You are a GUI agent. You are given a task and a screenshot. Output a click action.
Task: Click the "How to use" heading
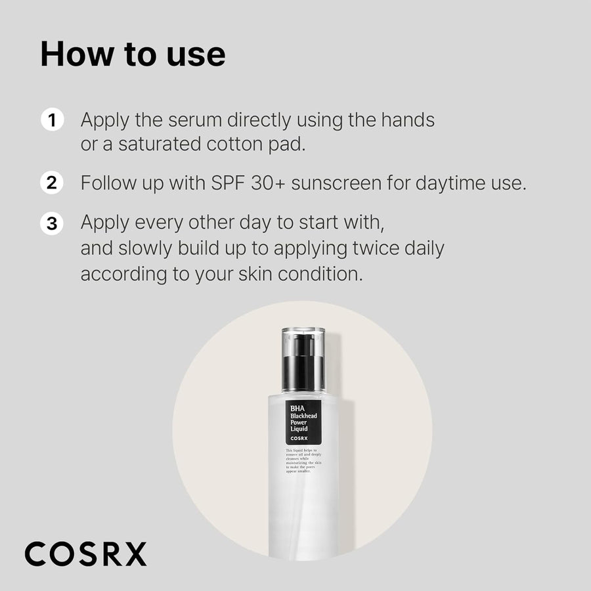pos(133,55)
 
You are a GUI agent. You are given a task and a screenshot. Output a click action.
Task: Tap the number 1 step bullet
pos(52,121)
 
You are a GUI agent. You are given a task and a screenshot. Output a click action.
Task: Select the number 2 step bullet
pos(52,183)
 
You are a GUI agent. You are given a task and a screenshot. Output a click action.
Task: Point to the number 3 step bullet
pos(52,223)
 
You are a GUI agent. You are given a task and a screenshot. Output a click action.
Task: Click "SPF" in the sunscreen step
pos(227,183)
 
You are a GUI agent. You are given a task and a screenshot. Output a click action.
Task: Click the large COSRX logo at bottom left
pos(86,554)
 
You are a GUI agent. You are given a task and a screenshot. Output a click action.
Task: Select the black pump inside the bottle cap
pos(303,364)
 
